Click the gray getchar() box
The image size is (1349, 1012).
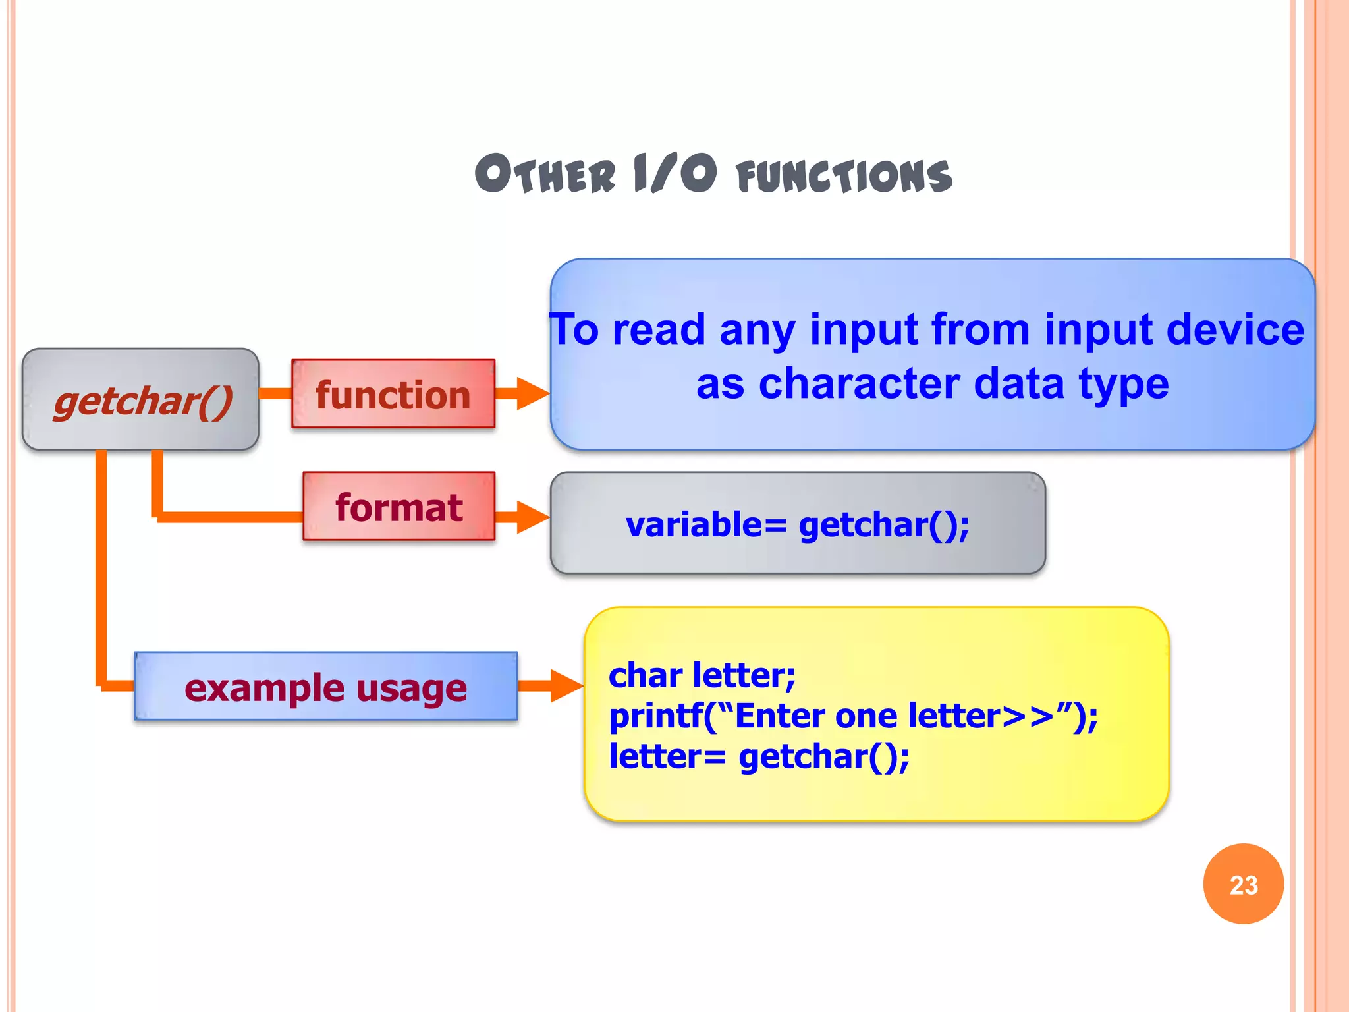pyautogui.click(x=140, y=399)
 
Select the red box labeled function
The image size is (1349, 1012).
pyautogui.click(x=393, y=395)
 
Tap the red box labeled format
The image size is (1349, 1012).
pyautogui.click(x=399, y=507)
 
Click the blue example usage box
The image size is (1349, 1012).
pyautogui.click(x=325, y=687)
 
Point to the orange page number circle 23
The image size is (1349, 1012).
pyautogui.click(x=1243, y=884)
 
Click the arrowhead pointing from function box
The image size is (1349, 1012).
pyautogui.click(x=532, y=393)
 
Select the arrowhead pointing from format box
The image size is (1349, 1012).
pyautogui.click(x=532, y=517)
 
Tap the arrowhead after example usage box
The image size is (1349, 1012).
pyautogui.click(x=566, y=686)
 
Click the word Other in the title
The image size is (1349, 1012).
pyautogui.click(x=545, y=175)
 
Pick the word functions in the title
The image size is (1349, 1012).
pyautogui.click(x=844, y=177)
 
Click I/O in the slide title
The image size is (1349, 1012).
pyautogui.click(x=674, y=174)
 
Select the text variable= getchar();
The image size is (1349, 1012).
pyautogui.click(x=797, y=524)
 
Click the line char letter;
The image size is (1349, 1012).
pyautogui.click(x=702, y=675)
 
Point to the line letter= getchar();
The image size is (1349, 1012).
pyautogui.click(x=759, y=756)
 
